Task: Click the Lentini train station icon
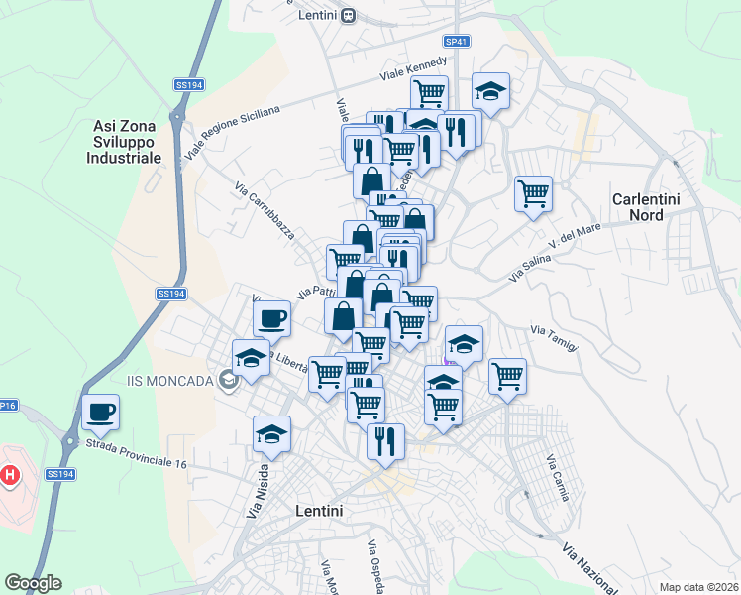[x=348, y=15]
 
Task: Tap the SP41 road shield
[x=457, y=42]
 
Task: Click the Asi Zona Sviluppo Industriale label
[x=127, y=141]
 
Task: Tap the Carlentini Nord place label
[x=645, y=206]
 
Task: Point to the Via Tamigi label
[x=553, y=336]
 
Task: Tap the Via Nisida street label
[x=258, y=492]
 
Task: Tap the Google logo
[x=33, y=583]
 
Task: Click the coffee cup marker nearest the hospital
[x=101, y=411]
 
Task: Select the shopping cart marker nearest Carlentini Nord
[x=533, y=191]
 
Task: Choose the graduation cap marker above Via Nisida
[x=271, y=432]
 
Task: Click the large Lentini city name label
[x=319, y=511]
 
